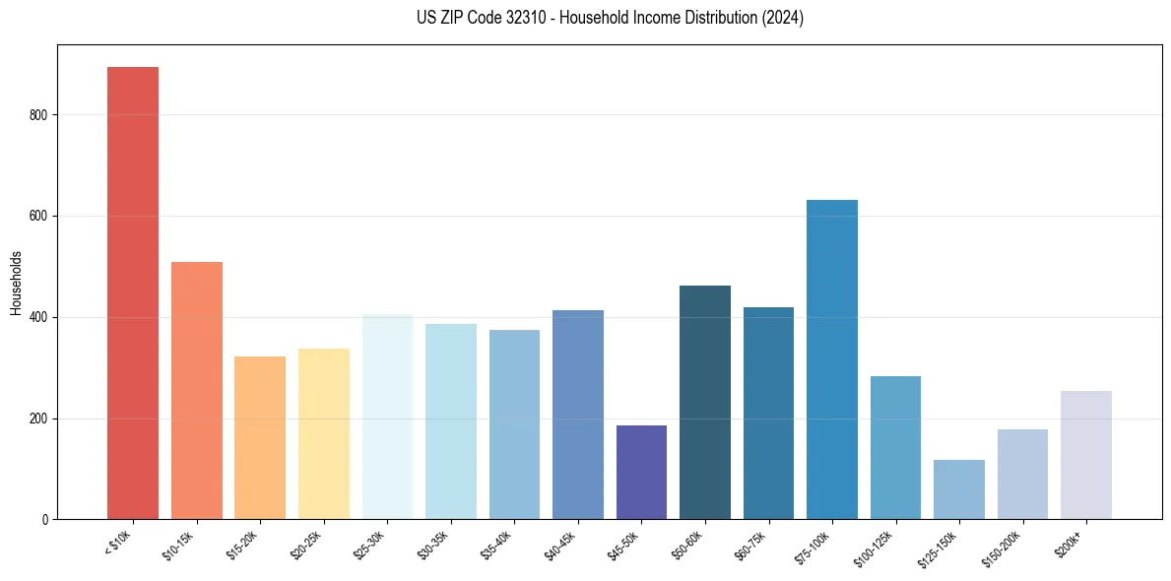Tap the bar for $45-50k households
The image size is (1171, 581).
tap(641, 473)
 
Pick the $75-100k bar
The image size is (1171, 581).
tap(832, 359)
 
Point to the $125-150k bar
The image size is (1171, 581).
tap(959, 489)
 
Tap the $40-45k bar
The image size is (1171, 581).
tap(578, 415)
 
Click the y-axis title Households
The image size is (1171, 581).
tap(16, 283)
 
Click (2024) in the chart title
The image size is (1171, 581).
tap(784, 18)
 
